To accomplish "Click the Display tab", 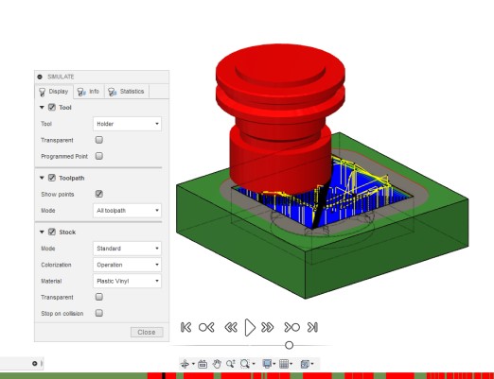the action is [x=54, y=92].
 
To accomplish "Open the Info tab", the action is [x=89, y=92].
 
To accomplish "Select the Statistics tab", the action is [x=127, y=92].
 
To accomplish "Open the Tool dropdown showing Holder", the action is [x=127, y=124].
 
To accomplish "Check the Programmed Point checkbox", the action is [x=99, y=156].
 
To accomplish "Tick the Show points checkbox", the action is [x=99, y=194].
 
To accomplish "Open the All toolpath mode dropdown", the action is [x=127, y=211].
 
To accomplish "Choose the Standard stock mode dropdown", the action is [x=127, y=249].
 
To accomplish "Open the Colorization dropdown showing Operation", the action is [x=127, y=265].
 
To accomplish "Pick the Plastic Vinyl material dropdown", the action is [x=127, y=281].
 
